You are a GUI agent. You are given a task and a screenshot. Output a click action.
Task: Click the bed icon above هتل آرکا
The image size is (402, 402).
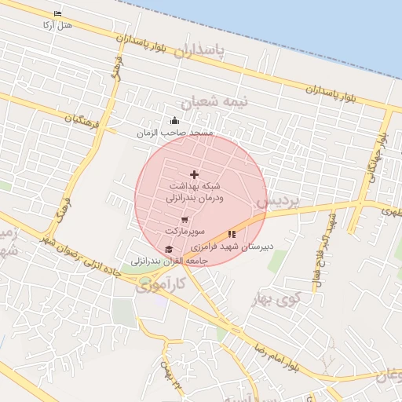tap(58, 14)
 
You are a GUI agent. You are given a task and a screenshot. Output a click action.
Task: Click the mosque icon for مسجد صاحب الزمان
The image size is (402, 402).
tap(174, 121)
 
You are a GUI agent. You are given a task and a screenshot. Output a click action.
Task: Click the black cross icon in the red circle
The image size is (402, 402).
tap(195, 174)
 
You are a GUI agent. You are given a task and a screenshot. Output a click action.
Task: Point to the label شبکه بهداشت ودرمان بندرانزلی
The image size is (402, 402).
tap(195, 193)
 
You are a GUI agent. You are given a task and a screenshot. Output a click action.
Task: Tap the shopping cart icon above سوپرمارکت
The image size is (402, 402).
tap(185, 221)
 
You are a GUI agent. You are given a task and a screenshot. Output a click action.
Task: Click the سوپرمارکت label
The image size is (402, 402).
tap(185, 232)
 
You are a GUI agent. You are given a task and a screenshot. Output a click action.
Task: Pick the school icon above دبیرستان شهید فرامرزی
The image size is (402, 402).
tap(232, 233)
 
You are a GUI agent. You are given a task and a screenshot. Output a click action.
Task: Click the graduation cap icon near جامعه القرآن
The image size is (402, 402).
tap(167, 249)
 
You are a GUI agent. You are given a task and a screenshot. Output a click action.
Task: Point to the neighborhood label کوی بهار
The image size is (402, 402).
tap(275, 298)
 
